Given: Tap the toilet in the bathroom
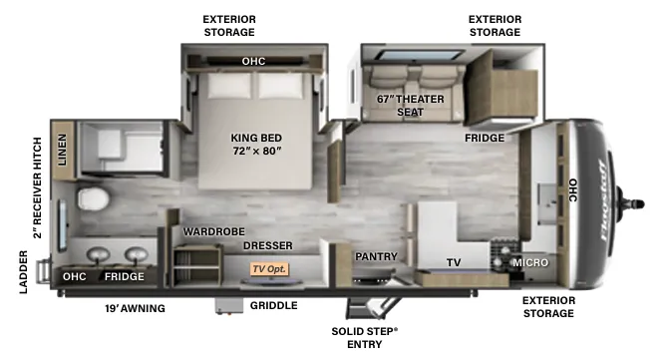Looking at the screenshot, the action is [x=93, y=199].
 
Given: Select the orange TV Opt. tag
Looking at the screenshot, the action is [x=269, y=269].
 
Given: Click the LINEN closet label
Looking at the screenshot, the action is [x=62, y=150].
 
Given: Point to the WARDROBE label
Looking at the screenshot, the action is [x=214, y=231].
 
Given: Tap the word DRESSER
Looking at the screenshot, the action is [x=268, y=246].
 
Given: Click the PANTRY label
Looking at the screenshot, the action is [x=376, y=256].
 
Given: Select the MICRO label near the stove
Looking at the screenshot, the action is [x=530, y=263].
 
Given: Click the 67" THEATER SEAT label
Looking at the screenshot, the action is [x=410, y=106].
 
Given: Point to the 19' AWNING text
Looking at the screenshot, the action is [x=135, y=308].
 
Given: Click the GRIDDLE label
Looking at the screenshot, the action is [x=274, y=305].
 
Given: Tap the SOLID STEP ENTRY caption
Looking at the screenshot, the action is [x=365, y=337].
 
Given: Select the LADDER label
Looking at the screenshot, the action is [x=24, y=272].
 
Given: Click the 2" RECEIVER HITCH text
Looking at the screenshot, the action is [x=38, y=187].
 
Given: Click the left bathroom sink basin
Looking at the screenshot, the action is [x=99, y=254].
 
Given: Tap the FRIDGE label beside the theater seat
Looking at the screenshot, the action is [x=485, y=138].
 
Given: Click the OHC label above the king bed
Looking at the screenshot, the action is [x=253, y=62].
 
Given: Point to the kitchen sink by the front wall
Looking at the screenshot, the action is [x=547, y=203].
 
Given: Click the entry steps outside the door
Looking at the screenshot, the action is [x=372, y=308].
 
